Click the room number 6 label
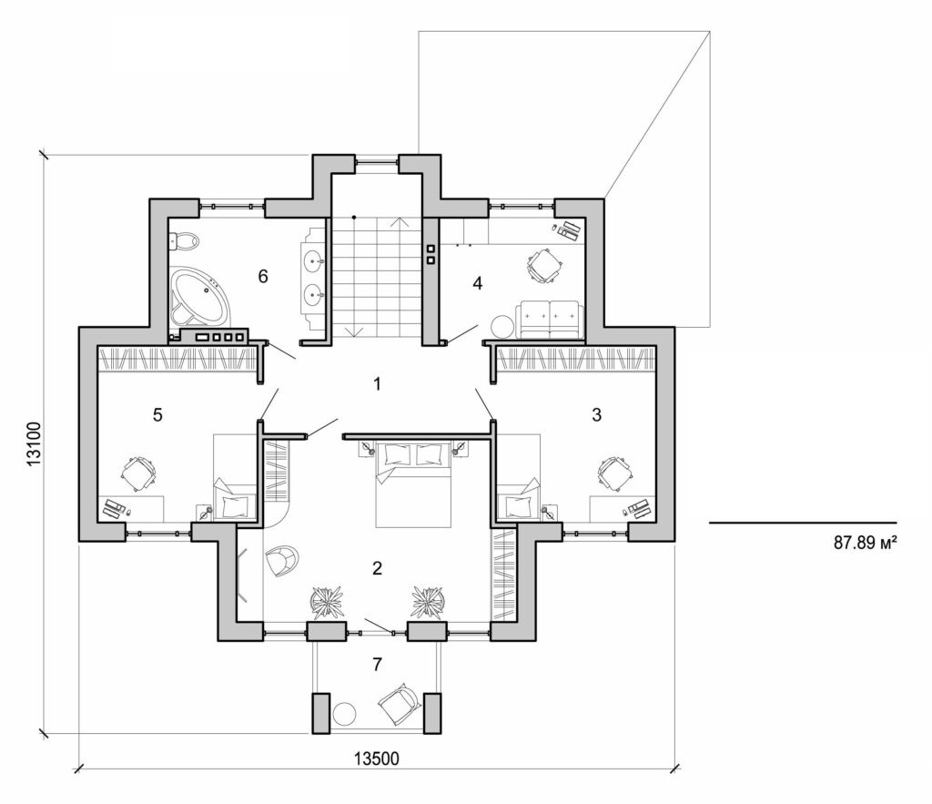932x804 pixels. pyautogui.click(x=262, y=277)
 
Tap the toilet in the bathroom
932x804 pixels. pyautogui.click(x=185, y=241)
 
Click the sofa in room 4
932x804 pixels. pyautogui.click(x=549, y=319)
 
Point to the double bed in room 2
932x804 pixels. pyautogui.click(x=414, y=483)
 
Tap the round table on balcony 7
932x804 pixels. pyautogui.click(x=345, y=714)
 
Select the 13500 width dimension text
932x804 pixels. pyautogui.click(x=376, y=758)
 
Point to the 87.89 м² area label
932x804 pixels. pyautogui.click(x=866, y=544)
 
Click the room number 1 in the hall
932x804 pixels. pyautogui.click(x=377, y=383)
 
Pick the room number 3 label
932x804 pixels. pyautogui.click(x=596, y=415)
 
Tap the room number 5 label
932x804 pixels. pyautogui.click(x=157, y=415)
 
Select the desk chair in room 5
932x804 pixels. pyautogui.click(x=138, y=473)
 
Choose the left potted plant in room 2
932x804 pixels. pyautogui.click(x=325, y=601)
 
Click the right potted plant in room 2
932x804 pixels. pyautogui.click(x=427, y=601)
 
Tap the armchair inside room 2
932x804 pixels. pyautogui.click(x=281, y=559)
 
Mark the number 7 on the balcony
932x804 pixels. pyautogui.click(x=377, y=664)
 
